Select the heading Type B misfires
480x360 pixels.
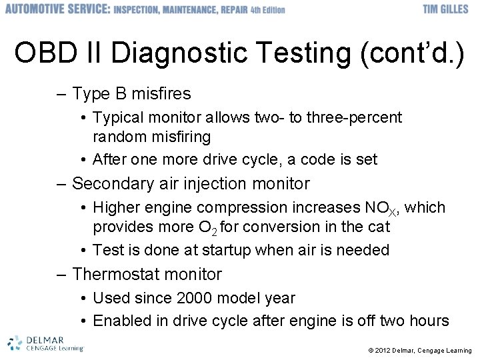(131, 93)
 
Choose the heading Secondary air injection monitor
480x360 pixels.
(191, 183)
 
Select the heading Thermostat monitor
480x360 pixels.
(147, 274)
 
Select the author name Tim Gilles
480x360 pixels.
(445, 9)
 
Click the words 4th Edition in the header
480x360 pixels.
(265, 10)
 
